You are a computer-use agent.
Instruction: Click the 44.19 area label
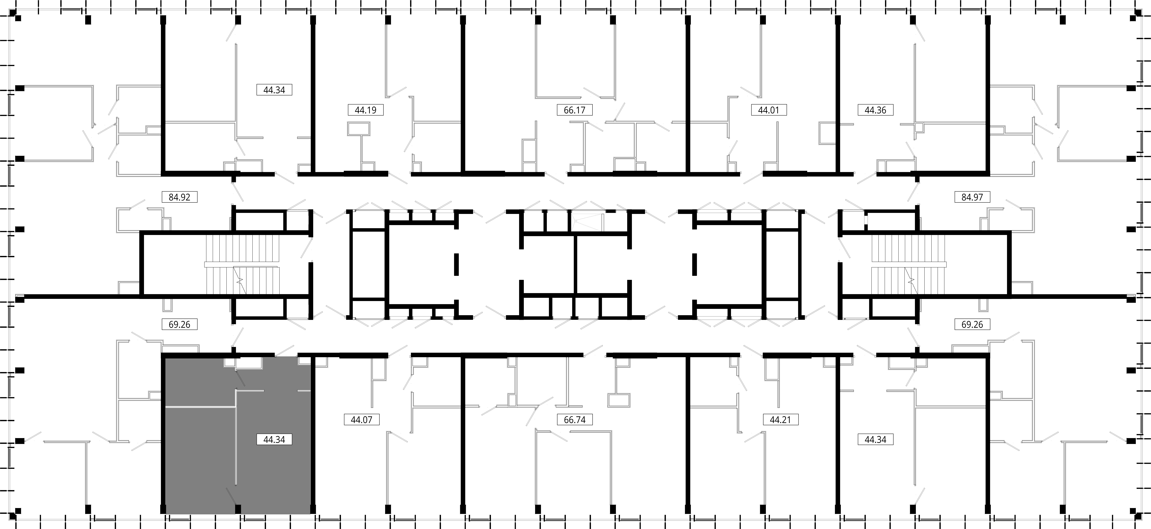pyautogui.click(x=365, y=110)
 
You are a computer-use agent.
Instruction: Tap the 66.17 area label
pyautogui.click(x=575, y=110)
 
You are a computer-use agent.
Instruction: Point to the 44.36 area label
pyautogui.click(x=875, y=110)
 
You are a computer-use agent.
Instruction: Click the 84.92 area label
pyautogui.click(x=180, y=197)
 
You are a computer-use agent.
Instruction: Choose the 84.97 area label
pyautogui.click(x=972, y=197)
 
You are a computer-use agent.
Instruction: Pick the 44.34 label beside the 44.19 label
pyautogui.click(x=274, y=90)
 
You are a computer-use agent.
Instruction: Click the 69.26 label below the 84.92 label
pyautogui.click(x=180, y=324)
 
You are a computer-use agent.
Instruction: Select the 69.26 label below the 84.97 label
pyautogui.click(x=972, y=324)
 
